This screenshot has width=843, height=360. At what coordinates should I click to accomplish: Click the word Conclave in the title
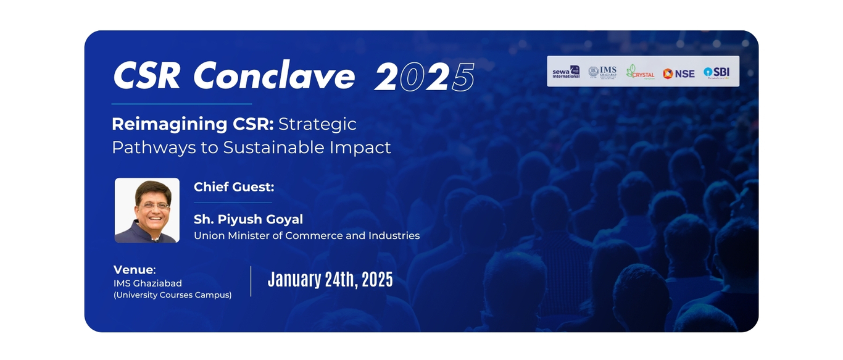click(274, 77)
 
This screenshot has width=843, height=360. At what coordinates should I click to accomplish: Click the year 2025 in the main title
click(425, 78)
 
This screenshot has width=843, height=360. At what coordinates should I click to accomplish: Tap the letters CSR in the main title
click(147, 77)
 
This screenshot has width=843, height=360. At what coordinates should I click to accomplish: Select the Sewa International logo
click(566, 72)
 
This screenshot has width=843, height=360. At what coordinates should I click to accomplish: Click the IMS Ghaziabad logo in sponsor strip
click(602, 72)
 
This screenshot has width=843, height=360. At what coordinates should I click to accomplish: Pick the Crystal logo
click(640, 72)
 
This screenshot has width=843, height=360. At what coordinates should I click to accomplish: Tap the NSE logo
click(678, 73)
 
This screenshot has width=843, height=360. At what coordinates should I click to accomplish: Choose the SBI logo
click(716, 72)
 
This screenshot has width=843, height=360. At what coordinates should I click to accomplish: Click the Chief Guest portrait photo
click(147, 211)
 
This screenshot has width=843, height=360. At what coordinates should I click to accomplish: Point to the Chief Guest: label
click(234, 187)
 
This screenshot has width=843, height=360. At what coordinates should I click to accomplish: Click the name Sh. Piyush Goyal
click(248, 219)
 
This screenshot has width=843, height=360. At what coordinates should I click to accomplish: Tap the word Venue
click(133, 270)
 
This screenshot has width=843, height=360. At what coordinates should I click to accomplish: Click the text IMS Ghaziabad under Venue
click(147, 283)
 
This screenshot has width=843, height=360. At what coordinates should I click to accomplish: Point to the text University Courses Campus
click(173, 295)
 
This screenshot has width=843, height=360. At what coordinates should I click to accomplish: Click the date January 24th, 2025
click(330, 280)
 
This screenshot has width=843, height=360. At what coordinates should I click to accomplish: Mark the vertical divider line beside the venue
click(251, 281)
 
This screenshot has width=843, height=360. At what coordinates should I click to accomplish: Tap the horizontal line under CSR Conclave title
click(181, 104)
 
